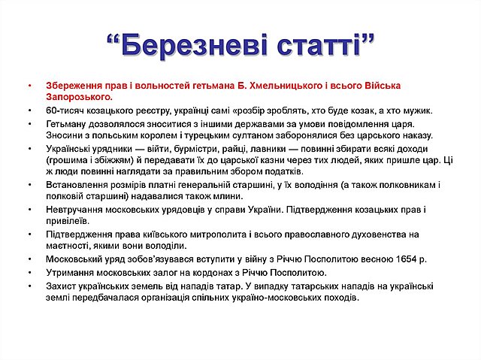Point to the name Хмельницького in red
coord(240,84)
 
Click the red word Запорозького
coord(79,96)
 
